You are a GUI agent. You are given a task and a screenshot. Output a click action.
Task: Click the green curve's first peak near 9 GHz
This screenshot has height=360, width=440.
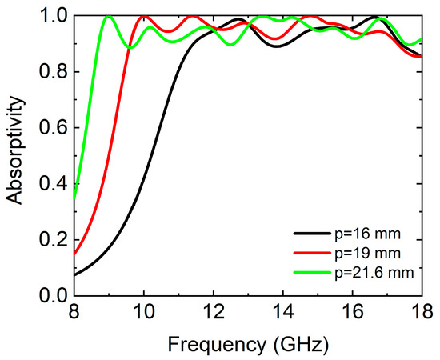coord(108,17)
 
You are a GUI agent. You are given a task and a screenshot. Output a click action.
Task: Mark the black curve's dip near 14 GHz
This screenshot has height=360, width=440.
coord(276,46)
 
